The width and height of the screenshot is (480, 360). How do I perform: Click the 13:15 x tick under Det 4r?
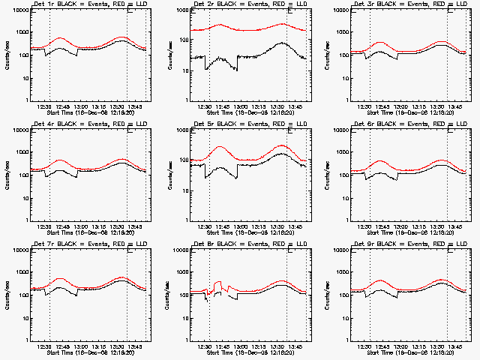pyautogui.click(x=100, y=226)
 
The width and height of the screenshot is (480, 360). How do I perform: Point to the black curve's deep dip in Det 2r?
pyautogui.click(x=207, y=69)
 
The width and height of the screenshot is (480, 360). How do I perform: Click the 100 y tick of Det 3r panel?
pyautogui.click(x=344, y=55)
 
